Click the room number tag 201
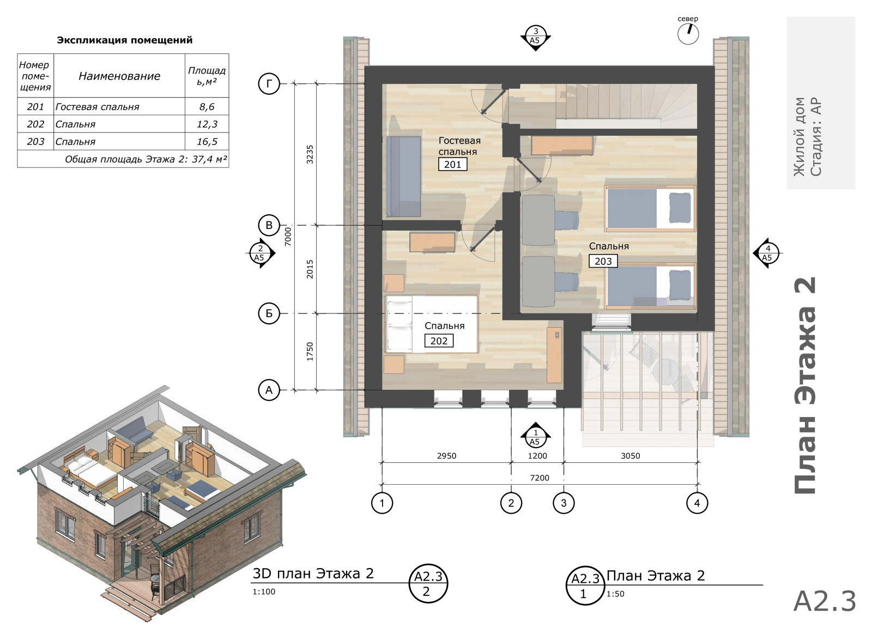click(452, 164)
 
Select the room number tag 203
click(603, 261)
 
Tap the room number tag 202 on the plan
click(439, 341)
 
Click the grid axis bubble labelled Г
click(269, 84)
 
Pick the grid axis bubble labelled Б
click(269, 314)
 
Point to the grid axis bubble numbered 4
click(697, 503)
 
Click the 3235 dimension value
click(310, 154)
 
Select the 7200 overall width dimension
click(540, 478)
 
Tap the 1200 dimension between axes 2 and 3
click(537, 456)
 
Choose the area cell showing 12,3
click(207, 124)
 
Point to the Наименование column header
click(119, 76)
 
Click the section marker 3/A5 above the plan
click(535, 38)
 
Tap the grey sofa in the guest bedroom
click(404, 177)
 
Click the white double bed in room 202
click(431, 324)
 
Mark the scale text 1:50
click(615, 594)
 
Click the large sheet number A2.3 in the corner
click(825, 601)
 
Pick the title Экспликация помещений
click(125, 40)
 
